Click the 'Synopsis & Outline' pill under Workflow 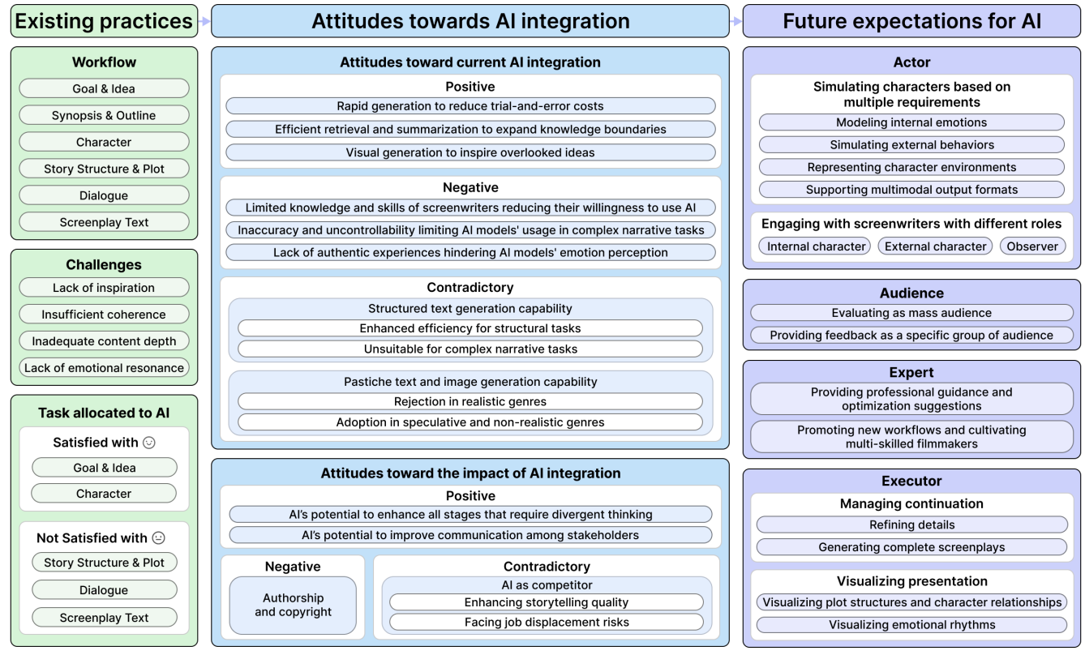click(104, 115)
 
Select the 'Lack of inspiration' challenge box click(104, 288)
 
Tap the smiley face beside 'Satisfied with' click(148, 443)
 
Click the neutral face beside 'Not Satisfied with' click(159, 537)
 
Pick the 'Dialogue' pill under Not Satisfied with click(104, 590)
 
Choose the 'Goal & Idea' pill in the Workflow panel click(104, 88)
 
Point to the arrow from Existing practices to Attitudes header click(204, 22)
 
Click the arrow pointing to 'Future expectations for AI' click(735, 22)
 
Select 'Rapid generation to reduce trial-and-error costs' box click(470, 106)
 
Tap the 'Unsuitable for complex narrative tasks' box click(470, 349)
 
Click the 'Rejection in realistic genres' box click(470, 401)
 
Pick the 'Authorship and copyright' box click(293, 605)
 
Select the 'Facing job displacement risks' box click(547, 623)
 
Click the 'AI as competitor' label click(547, 585)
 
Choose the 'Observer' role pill click(1032, 246)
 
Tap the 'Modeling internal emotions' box click(911, 122)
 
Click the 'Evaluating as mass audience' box click(911, 313)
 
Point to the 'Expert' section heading click(911, 373)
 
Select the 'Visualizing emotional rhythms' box click(911, 625)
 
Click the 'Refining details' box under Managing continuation click(911, 524)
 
